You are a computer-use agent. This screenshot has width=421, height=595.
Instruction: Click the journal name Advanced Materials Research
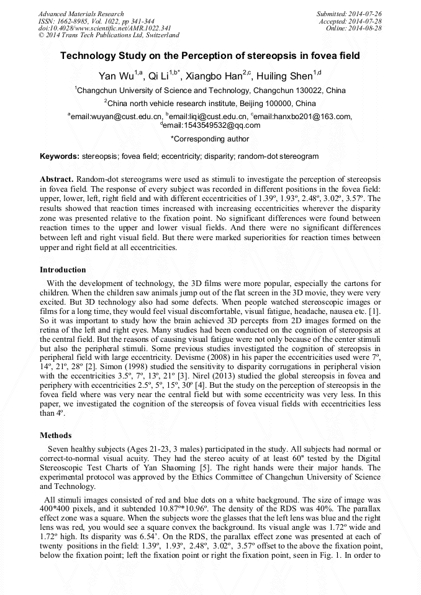pos(81,14)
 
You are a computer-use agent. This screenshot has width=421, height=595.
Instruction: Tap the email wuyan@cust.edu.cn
pos(117,116)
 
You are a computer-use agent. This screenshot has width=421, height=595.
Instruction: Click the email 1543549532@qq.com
pos(212,125)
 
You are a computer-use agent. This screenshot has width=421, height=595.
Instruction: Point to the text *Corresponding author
pos(210,139)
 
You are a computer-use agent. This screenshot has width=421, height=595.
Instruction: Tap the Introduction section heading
pos(63,270)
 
